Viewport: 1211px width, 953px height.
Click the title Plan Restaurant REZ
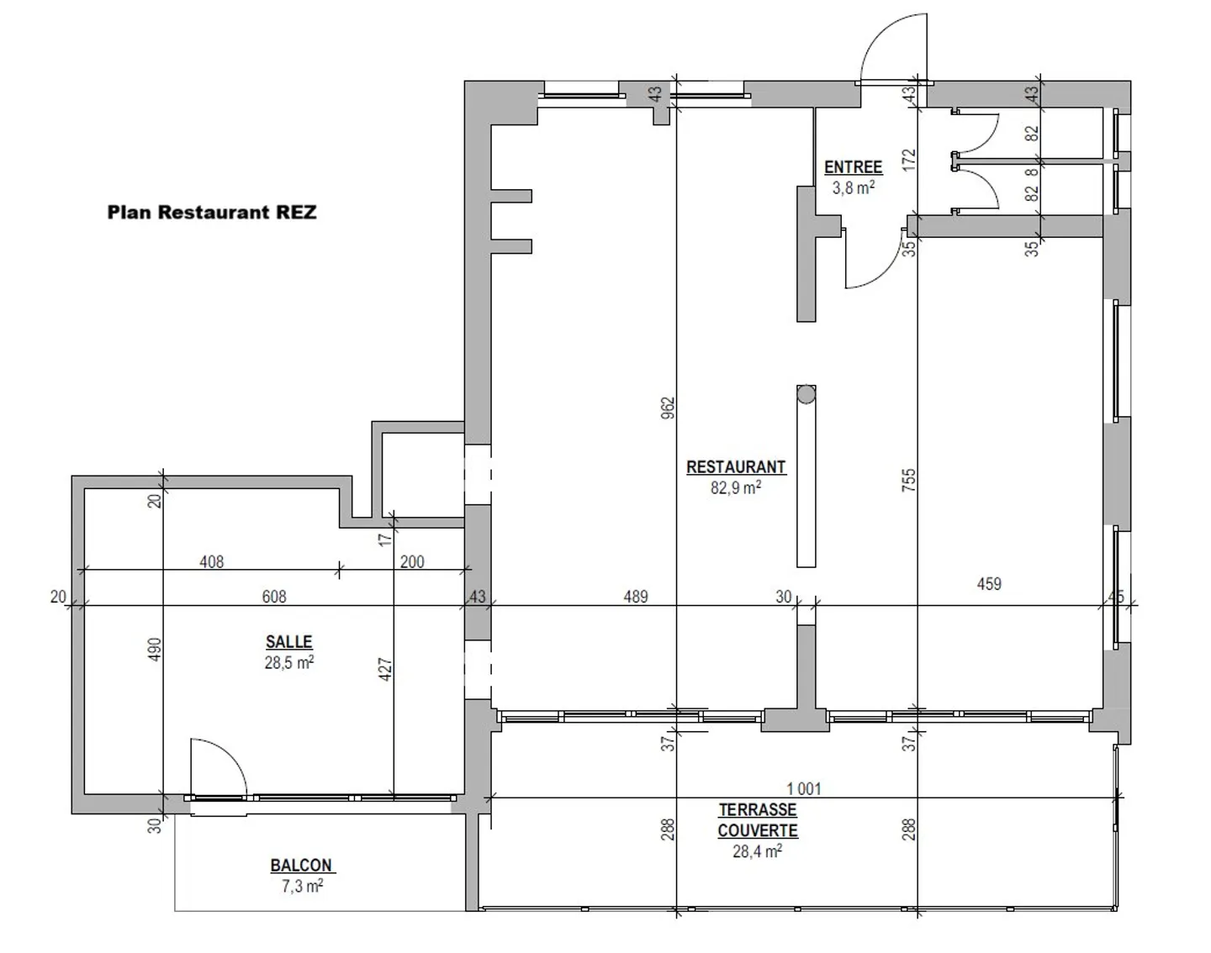(212, 212)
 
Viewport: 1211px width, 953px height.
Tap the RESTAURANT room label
(736, 467)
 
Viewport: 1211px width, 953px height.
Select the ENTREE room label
(853, 167)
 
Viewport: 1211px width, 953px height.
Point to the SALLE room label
(288, 642)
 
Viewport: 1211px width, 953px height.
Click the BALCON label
(302, 866)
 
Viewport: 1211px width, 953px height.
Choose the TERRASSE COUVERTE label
(758, 820)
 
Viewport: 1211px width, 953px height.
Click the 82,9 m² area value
(736, 487)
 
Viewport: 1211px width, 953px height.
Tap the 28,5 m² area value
(288, 662)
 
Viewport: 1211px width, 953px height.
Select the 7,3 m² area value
(302, 886)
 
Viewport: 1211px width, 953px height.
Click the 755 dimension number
(909, 481)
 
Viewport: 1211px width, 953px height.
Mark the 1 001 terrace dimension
(804, 789)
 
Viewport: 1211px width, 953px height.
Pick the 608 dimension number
(274, 597)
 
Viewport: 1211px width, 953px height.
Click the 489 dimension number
(636, 597)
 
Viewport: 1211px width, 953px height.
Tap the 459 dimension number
(989, 584)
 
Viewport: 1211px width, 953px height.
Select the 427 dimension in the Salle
(385, 670)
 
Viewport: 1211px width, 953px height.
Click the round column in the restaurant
(806, 394)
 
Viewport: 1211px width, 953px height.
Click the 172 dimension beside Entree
(909, 161)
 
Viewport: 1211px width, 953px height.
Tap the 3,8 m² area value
(854, 187)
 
